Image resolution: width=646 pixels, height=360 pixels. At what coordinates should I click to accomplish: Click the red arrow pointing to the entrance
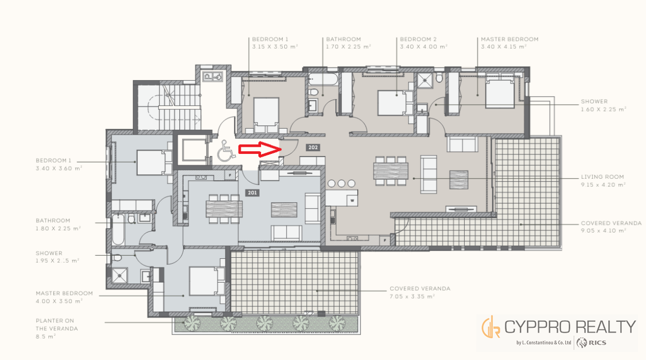(260, 149)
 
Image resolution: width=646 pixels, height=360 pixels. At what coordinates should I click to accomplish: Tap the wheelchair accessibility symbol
(226, 151)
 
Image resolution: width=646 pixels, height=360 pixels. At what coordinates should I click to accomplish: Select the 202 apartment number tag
(313, 147)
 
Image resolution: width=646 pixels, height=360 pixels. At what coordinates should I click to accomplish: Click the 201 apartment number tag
(252, 193)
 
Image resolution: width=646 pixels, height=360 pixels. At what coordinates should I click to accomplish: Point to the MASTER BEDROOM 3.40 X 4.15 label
(509, 43)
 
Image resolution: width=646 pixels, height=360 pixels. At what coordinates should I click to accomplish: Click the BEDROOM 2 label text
(418, 39)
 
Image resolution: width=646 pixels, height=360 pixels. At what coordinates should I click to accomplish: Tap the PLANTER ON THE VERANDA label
(57, 328)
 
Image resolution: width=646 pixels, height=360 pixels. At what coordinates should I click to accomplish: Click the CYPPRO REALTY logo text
(570, 327)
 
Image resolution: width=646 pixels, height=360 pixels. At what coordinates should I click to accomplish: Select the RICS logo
(591, 343)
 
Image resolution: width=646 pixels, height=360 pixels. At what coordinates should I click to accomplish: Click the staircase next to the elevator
(169, 107)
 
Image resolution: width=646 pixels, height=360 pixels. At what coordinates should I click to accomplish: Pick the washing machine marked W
(352, 200)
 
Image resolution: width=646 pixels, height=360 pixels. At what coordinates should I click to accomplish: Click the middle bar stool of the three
(341, 183)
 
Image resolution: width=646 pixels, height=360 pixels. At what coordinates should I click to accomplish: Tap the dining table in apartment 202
(391, 171)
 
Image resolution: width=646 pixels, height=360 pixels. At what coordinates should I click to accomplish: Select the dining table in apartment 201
(224, 209)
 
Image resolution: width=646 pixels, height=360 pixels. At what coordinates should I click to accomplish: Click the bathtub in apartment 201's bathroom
(118, 229)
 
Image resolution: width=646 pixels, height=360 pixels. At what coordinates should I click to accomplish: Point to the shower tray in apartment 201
(120, 276)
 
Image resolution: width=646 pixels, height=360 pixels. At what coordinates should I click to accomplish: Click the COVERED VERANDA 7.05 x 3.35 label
(419, 292)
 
